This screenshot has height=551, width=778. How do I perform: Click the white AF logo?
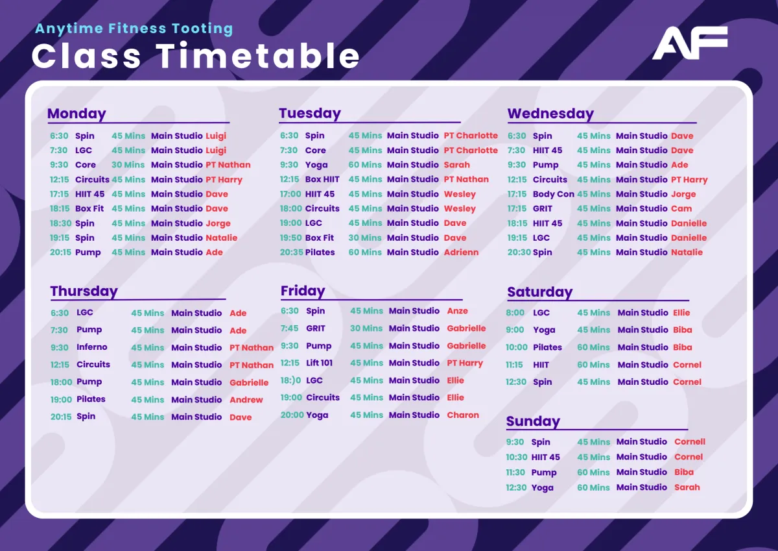click(690, 43)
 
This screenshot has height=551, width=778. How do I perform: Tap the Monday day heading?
click(77, 114)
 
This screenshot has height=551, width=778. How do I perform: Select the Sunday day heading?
click(533, 421)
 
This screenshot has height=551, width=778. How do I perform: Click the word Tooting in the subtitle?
click(202, 29)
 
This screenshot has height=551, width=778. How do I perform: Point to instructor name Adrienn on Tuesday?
click(461, 252)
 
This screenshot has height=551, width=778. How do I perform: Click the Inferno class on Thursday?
click(91, 347)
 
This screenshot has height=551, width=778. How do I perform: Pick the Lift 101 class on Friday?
click(319, 363)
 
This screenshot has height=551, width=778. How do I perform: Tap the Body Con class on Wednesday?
click(553, 194)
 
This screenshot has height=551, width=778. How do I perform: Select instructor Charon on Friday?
click(463, 415)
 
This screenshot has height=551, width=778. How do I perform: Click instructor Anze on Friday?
click(457, 311)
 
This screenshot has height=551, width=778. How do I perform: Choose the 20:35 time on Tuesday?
click(291, 252)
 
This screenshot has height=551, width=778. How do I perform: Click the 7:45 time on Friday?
click(289, 328)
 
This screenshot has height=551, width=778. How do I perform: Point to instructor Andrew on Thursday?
click(246, 400)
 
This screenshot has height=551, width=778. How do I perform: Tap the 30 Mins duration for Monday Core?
click(128, 165)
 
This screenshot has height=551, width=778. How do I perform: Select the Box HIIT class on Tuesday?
click(322, 179)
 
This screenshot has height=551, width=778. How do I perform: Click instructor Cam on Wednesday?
click(681, 208)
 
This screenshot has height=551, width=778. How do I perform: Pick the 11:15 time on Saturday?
click(514, 365)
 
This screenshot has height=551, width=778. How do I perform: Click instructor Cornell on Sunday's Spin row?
click(689, 441)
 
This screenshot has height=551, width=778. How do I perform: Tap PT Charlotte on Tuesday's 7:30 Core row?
click(471, 150)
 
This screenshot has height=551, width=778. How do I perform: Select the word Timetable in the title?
click(258, 56)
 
